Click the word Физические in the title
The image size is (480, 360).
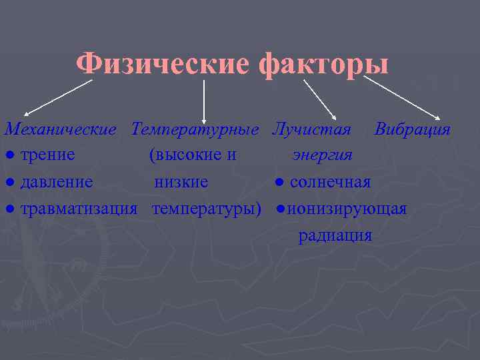click(x=162, y=65)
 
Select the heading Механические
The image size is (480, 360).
click(x=61, y=129)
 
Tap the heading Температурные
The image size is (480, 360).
click(x=195, y=129)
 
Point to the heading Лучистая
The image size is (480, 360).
click(x=311, y=129)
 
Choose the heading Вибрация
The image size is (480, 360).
click(x=412, y=129)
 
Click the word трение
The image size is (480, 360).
click(x=47, y=155)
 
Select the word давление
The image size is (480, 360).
click(x=57, y=182)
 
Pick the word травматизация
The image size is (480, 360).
click(x=79, y=209)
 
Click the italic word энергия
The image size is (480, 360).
click(x=323, y=155)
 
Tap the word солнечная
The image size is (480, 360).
click(x=330, y=182)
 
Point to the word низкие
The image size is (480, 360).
click(x=181, y=182)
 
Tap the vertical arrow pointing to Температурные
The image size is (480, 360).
click(x=203, y=100)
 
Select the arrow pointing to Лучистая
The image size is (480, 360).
click(x=321, y=99)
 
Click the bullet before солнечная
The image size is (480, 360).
click(x=280, y=183)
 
